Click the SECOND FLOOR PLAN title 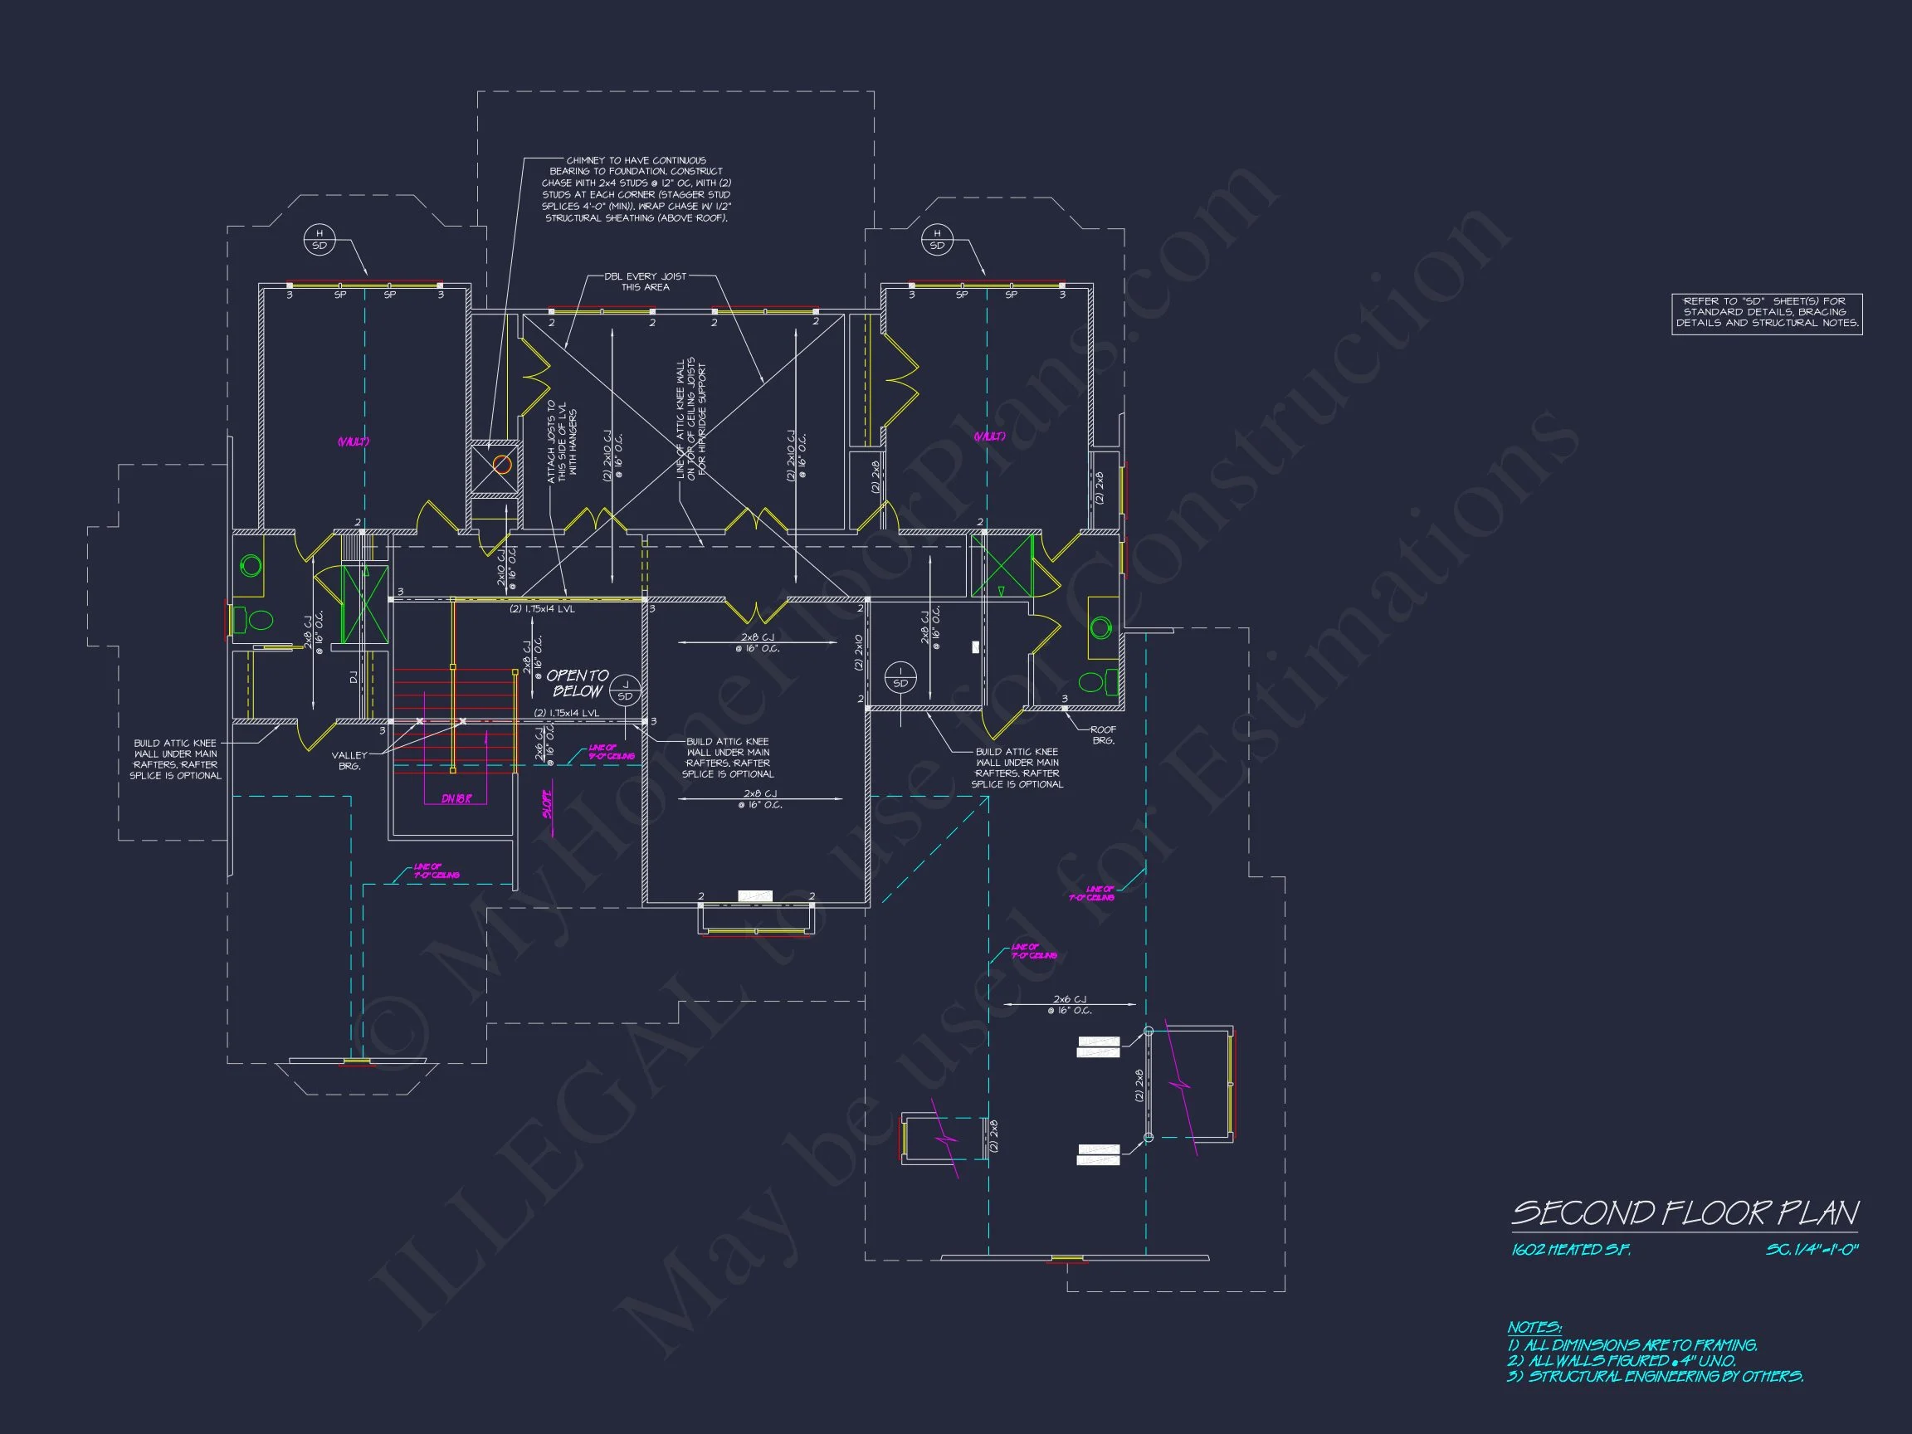tap(1685, 1212)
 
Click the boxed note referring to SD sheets tap(1767, 312)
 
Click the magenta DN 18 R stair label tap(456, 798)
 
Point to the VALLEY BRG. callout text tap(350, 761)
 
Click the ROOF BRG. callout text tap(1103, 734)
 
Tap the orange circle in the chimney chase tap(502, 465)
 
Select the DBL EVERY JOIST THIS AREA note tap(645, 282)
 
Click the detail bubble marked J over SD tap(624, 690)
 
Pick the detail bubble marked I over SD tap(900, 677)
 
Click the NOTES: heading tap(1534, 1327)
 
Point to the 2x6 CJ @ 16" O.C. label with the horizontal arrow tap(1070, 1004)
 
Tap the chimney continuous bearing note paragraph tap(637, 189)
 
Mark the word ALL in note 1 tap(1536, 1345)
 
